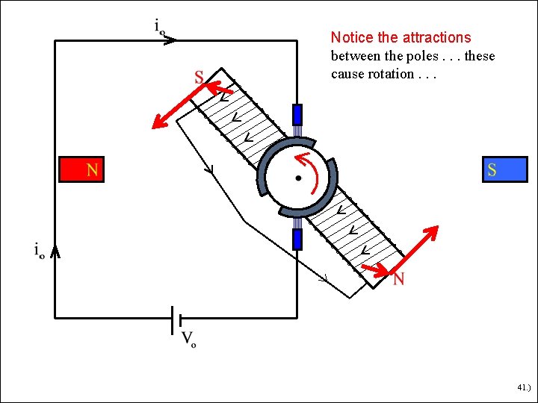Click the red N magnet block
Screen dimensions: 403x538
click(x=81, y=169)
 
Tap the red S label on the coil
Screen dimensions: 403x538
click(x=199, y=77)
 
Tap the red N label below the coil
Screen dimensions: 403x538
click(x=399, y=280)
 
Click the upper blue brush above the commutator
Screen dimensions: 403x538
click(x=297, y=114)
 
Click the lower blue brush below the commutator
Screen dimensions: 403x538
click(x=297, y=239)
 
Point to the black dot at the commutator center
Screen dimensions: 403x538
click(x=298, y=178)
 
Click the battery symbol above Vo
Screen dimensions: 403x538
click(x=177, y=319)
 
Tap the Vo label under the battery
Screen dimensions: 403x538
click(x=188, y=340)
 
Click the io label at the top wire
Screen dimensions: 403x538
click(x=159, y=27)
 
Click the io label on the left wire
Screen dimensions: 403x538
click(x=40, y=250)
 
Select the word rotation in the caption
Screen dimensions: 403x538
click(x=391, y=74)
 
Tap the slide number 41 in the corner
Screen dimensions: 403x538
click(x=522, y=388)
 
